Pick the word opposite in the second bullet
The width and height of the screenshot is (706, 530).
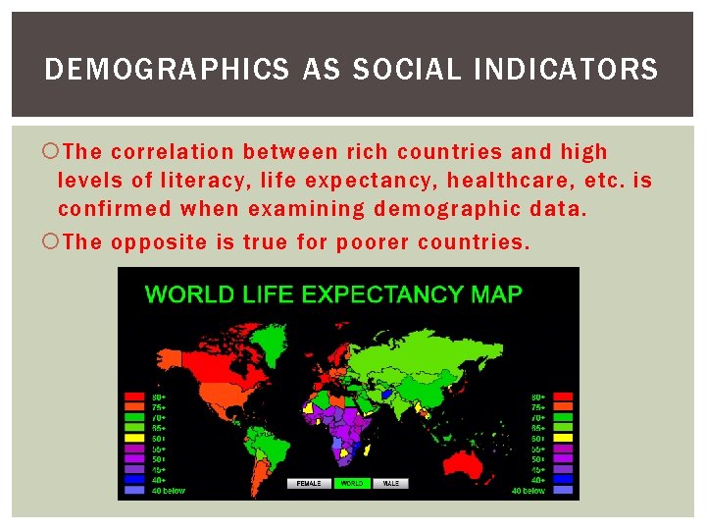(x=169, y=241)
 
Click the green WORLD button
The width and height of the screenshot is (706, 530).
(x=351, y=484)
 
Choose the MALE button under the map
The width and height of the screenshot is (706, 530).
(x=391, y=484)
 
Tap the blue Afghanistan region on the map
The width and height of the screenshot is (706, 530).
(x=386, y=393)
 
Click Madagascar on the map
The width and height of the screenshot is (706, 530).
(x=371, y=450)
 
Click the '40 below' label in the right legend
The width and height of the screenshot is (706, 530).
(x=529, y=490)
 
